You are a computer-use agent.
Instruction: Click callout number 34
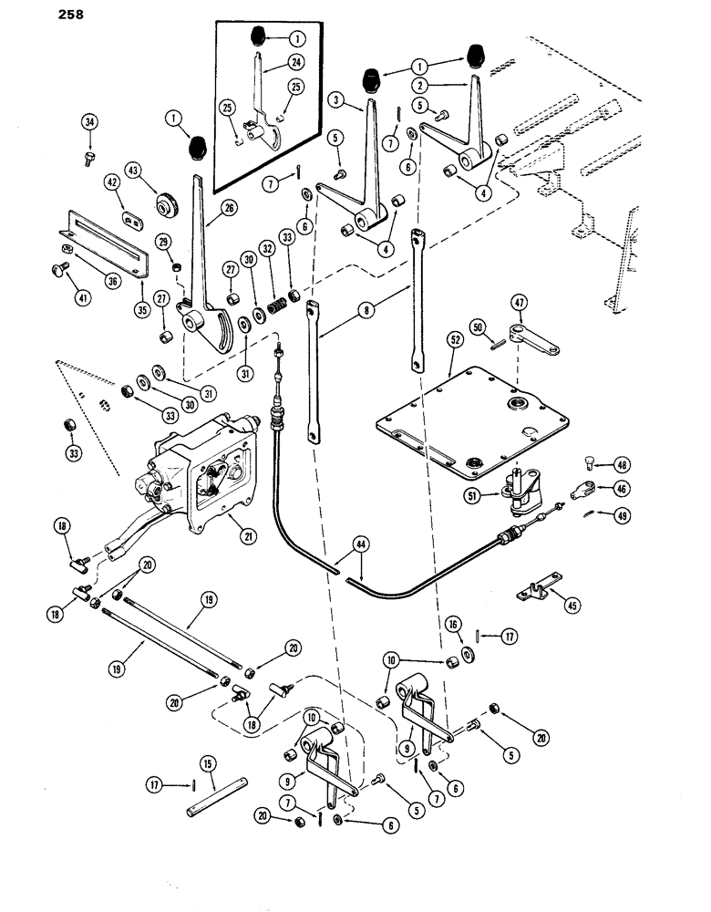click(89, 123)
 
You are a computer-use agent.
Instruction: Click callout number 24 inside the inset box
click(295, 62)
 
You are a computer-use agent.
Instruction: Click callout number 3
click(336, 98)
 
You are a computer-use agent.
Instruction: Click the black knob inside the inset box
click(260, 40)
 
